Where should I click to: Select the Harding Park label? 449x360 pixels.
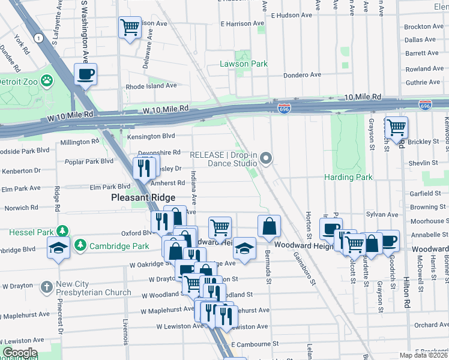coord(348,177)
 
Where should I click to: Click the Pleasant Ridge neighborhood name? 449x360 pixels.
coord(143,197)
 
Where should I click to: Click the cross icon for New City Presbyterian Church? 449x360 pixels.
coord(47,287)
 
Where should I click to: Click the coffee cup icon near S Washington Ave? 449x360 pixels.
coord(85,74)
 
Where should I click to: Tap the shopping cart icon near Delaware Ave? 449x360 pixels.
coord(130,27)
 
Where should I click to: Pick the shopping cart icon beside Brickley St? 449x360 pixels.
coord(396,127)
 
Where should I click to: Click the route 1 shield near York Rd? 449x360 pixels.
coord(39,38)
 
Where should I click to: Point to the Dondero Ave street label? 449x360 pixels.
coord(303,75)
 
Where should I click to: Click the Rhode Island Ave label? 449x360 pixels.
coord(151,86)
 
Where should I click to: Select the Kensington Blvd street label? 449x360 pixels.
coord(151,137)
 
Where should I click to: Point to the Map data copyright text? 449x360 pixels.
coord(424,355)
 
